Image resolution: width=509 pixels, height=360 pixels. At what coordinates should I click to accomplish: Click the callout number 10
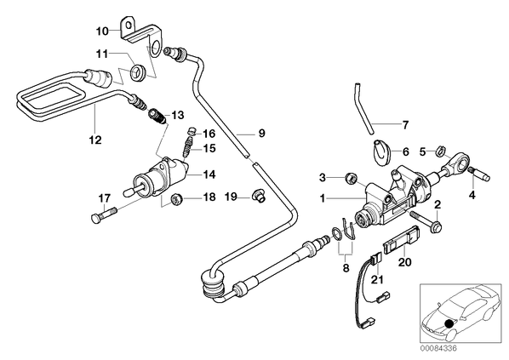[102, 31]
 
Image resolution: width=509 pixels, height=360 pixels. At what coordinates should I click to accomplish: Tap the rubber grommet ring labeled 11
[138, 71]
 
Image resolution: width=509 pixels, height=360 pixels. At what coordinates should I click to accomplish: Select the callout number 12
[95, 140]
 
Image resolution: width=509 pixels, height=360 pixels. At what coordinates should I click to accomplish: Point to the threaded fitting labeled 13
[157, 117]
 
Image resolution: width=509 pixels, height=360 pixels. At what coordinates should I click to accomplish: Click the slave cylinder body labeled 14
[158, 178]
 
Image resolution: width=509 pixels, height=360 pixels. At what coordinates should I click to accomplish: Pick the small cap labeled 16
[192, 131]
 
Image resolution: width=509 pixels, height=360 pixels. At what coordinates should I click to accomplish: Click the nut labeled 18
[177, 198]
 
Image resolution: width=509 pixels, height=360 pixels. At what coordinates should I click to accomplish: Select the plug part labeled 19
[259, 196]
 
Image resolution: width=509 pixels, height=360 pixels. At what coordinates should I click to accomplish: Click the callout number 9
[261, 134]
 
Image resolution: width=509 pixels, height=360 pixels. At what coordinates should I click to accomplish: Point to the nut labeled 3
[351, 178]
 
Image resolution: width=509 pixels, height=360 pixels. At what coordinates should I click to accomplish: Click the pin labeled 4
[480, 174]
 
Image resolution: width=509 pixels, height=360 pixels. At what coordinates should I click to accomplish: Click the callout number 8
[346, 268]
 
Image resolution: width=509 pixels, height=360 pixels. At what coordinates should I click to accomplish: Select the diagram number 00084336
[438, 348]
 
